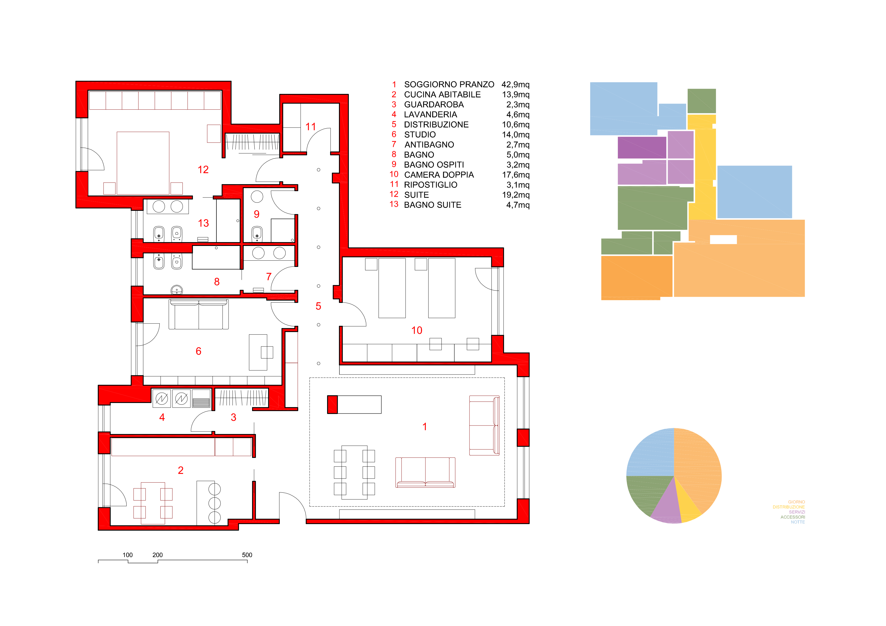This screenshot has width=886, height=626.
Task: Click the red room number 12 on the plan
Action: click(203, 170)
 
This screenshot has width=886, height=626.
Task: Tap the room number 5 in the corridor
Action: click(318, 306)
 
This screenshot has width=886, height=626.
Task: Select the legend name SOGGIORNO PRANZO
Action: click(449, 85)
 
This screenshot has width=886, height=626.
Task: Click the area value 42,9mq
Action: click(515, 85)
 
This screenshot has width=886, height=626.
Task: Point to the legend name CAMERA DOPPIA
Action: click(439, 175)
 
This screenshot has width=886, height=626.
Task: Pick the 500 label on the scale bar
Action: click(247, 555)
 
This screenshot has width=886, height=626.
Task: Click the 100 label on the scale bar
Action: click(128, 555)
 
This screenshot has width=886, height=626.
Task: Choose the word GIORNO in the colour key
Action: click(797, 502)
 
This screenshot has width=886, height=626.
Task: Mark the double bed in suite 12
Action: click(143, 163)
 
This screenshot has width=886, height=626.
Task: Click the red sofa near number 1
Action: click(425, 472)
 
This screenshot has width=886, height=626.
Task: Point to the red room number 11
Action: click(311, 127)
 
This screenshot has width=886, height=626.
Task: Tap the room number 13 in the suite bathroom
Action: click(203, 223)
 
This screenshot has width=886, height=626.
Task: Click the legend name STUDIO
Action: click(420, 135)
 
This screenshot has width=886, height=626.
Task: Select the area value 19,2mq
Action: click(515, 195)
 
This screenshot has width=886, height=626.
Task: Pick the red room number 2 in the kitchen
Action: click(181, 470)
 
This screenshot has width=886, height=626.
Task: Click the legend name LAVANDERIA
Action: click(430, 115)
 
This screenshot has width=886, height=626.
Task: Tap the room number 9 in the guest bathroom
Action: click(257, 214)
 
